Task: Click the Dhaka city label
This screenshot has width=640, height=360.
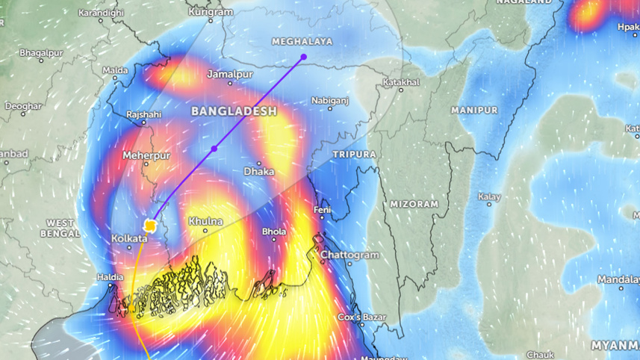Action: click(259, 172)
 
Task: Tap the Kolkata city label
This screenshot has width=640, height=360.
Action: click(129, 238)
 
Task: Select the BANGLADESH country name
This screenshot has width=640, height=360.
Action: click(234, 111)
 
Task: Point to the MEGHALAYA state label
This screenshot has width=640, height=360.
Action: click(302, 42)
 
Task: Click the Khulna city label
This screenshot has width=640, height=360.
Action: click(205, 222)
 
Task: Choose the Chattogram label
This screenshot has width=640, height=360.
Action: click(349, 255)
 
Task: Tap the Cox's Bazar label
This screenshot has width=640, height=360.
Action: click(360, 318)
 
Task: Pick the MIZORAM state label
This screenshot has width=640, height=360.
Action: click(413, 204)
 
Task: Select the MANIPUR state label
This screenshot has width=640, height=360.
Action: click(474, 111)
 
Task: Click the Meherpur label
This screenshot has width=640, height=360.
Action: click(146, 155)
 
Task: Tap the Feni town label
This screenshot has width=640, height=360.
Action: click(322, 211)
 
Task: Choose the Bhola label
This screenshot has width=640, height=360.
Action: click(274, 232)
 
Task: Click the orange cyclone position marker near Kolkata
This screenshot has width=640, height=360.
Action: click(150, 225)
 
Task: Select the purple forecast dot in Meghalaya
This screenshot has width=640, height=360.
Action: click(304, 57)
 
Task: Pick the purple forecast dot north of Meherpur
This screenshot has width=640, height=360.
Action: click(214, 149)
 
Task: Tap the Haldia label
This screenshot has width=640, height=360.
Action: click(111, 277)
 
